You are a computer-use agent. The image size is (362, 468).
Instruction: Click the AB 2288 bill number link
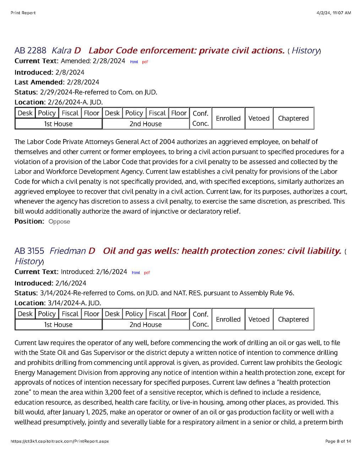(x=30, y=50)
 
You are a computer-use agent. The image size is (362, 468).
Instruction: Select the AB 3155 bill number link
(x=29, y=251)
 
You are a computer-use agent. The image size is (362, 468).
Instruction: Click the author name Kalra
(x=61, y=50)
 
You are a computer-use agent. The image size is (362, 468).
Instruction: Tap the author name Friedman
(x=67, y=251)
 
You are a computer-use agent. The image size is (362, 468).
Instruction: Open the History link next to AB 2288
(x=305, y=50)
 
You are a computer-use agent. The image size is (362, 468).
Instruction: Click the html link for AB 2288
(x=134, y=62)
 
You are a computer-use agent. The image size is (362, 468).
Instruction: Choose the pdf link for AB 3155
(x=147, y=273)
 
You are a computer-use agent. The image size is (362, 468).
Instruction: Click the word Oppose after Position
(x=59, y=222)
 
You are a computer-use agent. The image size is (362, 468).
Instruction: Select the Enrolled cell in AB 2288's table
(x=228, y=118)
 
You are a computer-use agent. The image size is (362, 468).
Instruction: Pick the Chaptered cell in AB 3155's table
(x=293, y=319)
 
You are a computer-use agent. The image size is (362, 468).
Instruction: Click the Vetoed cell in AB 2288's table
(x=259, y=118)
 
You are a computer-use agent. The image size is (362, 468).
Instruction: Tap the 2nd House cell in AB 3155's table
(x=146, y=324)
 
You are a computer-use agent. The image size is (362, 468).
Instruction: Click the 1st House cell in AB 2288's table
(x=58, y=124)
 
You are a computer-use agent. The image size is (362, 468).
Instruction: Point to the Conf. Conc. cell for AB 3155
(x=200, y=319)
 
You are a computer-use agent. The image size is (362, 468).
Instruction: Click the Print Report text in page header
(x=23, y=13)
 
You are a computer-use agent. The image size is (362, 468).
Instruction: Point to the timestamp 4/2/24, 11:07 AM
(x=334, y=13)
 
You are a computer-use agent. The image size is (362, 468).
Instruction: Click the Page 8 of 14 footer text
(x=338, y=441)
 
